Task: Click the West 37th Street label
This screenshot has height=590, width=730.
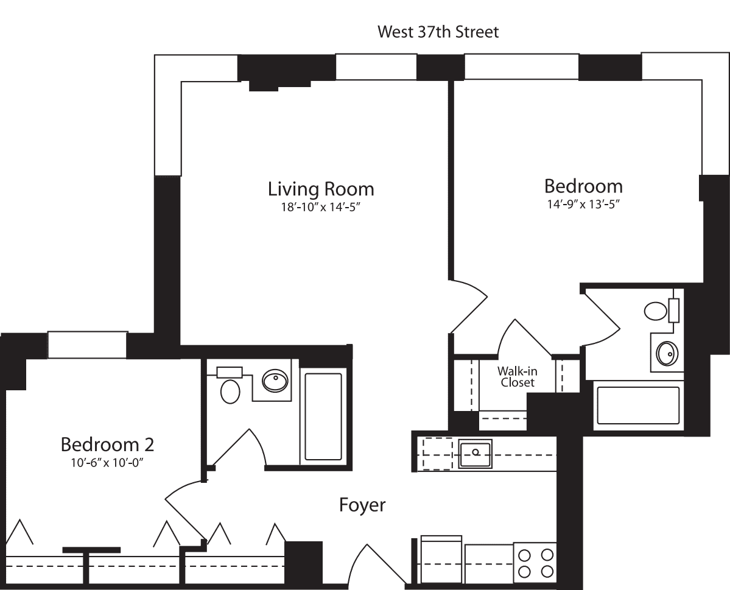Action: (438, 32)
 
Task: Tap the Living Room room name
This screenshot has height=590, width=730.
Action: (321, 189)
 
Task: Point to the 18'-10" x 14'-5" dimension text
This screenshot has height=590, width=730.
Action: (321, 208)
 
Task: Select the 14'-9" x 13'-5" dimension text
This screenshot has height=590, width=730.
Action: (583, 204)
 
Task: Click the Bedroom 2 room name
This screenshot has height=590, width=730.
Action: (107, 444)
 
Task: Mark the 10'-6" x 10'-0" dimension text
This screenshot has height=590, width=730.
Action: (107, 462)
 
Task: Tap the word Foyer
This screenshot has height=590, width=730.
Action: (362, 505)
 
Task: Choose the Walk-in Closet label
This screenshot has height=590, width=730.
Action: (517, 377)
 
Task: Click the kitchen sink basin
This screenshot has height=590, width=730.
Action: (475, 453)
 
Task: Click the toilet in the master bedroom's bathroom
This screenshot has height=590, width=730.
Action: (656, 311)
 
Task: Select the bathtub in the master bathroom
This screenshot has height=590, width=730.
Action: (638, 406)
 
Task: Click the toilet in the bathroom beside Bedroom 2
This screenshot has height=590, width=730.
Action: (230, 390)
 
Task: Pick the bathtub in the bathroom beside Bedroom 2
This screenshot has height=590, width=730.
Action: (323, 416)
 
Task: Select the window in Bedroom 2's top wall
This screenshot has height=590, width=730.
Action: (88, 345)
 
